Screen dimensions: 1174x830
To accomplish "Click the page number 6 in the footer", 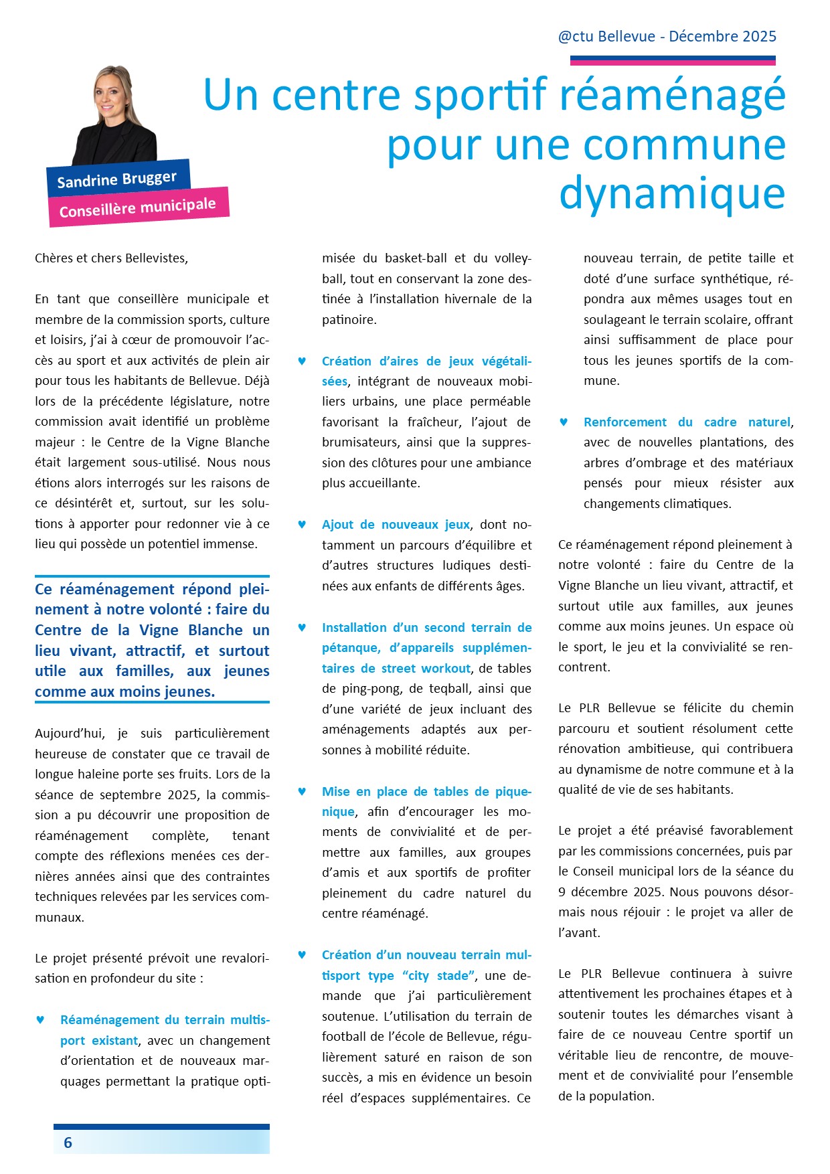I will (68, 1143).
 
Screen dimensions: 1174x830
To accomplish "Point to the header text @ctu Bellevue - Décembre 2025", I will (667, 36).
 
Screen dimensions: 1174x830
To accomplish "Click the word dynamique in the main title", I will (672, 193).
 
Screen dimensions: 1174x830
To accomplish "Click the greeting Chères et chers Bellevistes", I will (111, 258).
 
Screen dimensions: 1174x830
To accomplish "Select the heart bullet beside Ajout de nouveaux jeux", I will (302, 525).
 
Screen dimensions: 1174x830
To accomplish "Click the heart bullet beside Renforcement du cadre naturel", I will (564, 422).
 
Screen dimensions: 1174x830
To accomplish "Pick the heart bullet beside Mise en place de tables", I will (302, 792).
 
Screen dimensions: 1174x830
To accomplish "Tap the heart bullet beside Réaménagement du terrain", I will (40, 1020).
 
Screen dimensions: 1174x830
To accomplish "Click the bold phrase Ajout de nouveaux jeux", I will (396, 525).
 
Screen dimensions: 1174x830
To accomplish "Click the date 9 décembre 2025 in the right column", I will (611, 892).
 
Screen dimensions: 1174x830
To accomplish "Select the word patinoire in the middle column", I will (349, 320).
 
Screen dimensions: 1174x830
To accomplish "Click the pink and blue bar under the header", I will (672, 61).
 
